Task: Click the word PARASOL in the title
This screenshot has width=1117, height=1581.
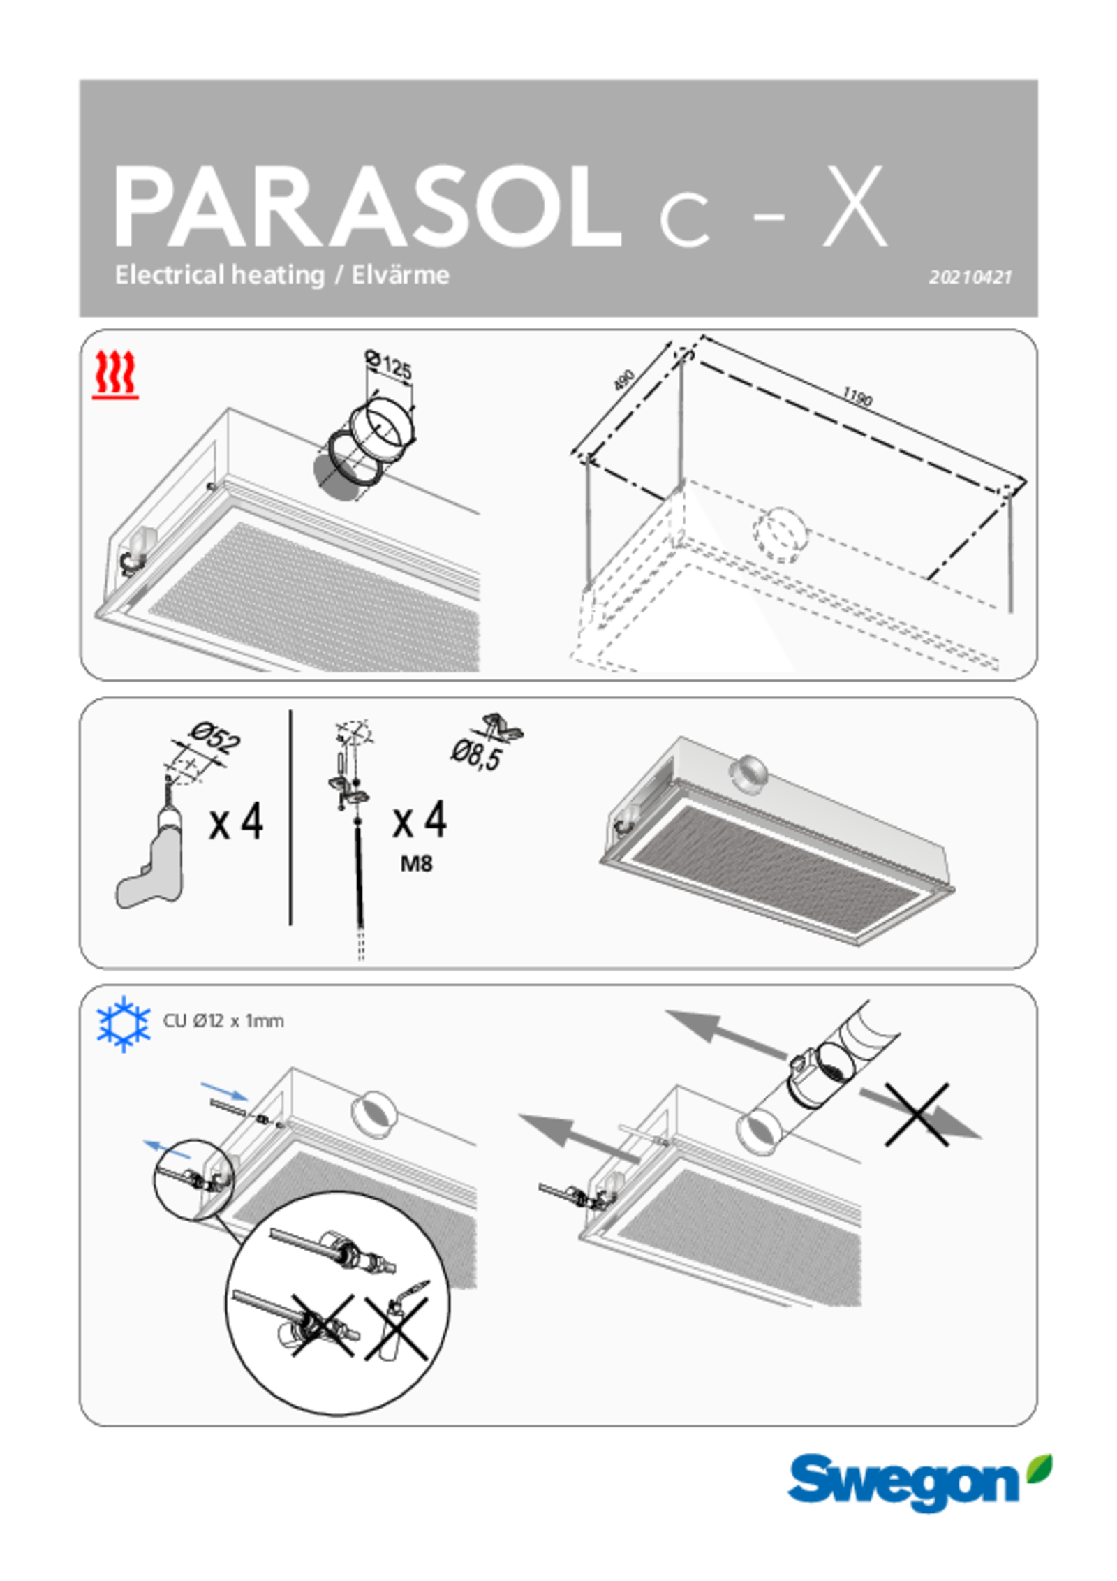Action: coord(367,207)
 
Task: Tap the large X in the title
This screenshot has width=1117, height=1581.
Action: coord(855,207)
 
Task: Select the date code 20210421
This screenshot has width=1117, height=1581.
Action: coord(970,277)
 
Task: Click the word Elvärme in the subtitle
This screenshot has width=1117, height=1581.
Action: coord(400,275)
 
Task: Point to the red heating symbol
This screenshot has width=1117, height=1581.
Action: coord(115,375)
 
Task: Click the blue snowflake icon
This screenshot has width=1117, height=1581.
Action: coord(124,1024)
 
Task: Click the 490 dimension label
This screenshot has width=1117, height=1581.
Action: coord(623,380)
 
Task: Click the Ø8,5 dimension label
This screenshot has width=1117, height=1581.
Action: coord(476,755)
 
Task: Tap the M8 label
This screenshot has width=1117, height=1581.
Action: coord(416,865)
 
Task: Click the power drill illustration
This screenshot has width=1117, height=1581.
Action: coord(150,848)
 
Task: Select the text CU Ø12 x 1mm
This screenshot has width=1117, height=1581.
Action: coord(223,1021)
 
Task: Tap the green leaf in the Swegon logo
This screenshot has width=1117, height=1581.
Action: coord(1040,1467)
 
